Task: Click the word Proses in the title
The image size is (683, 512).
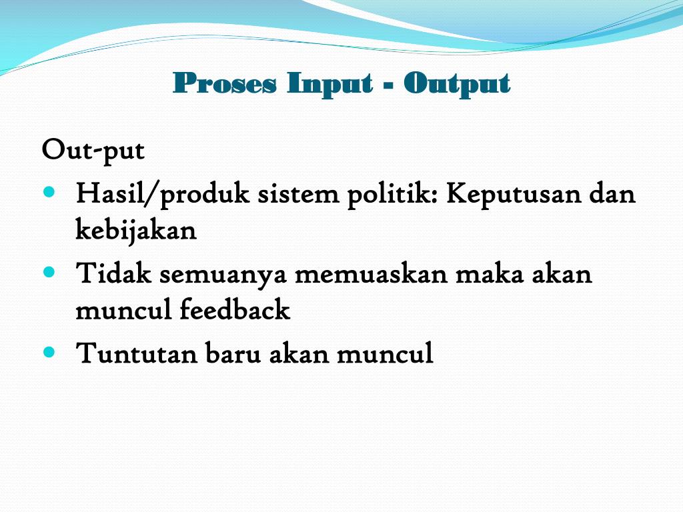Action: pyautogui.click(x=224, y=84)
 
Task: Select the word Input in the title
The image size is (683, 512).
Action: pyautogui.click(x=329, y=84)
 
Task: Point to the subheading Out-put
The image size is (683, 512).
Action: pyautogui.click(x=93, y=151)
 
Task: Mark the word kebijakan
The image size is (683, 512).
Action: pyautogui.click(x=136, y=231)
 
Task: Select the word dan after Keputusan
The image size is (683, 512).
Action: pyautogui.click(x=612, y=195)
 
